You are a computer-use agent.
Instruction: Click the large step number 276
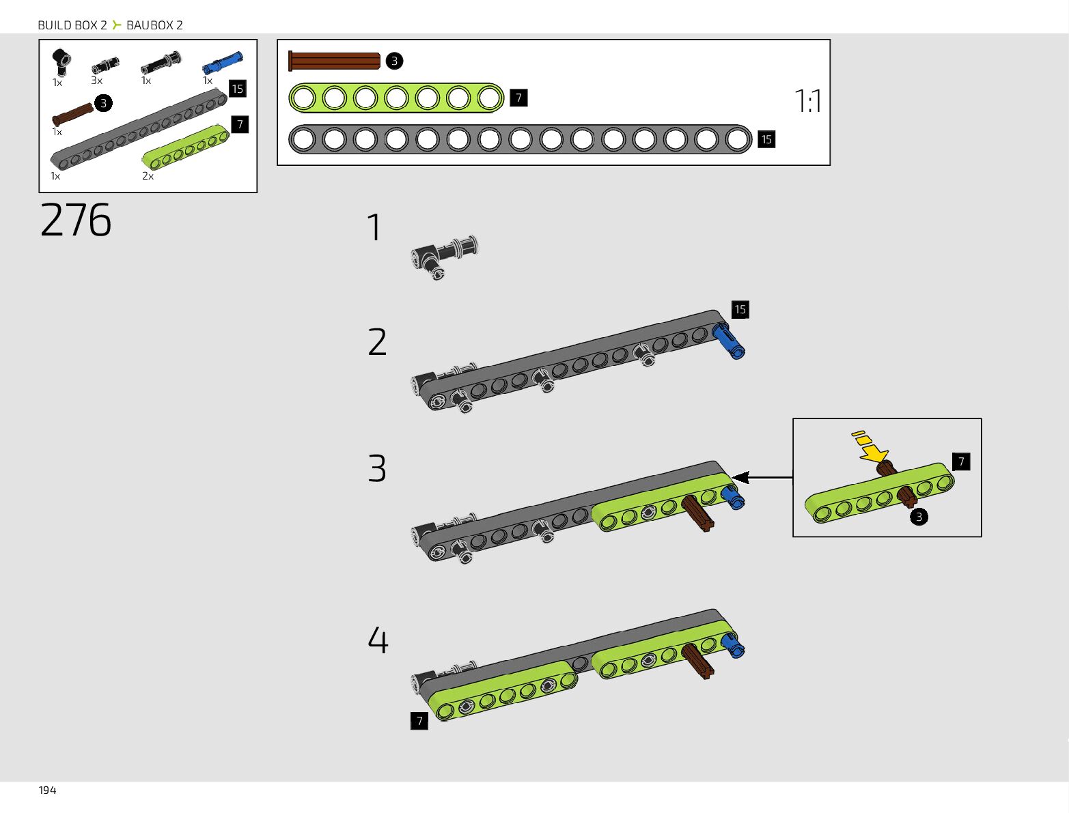click(x=76, y=220)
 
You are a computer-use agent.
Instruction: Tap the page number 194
click(x=47, y=790)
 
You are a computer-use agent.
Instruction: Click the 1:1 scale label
click(x=808, y=102)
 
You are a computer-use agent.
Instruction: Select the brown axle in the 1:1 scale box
click(x=334, y=61)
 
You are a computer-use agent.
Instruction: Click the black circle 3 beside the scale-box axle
click(x=394, y=61)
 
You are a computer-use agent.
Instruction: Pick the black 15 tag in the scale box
click(x=766, y=139)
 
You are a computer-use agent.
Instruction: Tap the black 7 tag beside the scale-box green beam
click(x=518, y=98)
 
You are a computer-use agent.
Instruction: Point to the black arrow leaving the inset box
click(x=762, y=478)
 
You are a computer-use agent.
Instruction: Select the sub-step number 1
click(x=374, y=228)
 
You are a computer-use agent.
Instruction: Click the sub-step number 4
click(x=378, y=640)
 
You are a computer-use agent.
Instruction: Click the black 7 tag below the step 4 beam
click(x=419, y=721)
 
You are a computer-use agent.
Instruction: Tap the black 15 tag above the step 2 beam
click(x=740, y=310)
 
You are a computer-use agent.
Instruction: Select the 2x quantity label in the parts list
click(x=148, y=176)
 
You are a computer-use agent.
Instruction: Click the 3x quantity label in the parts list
click(x=96, y=81)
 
